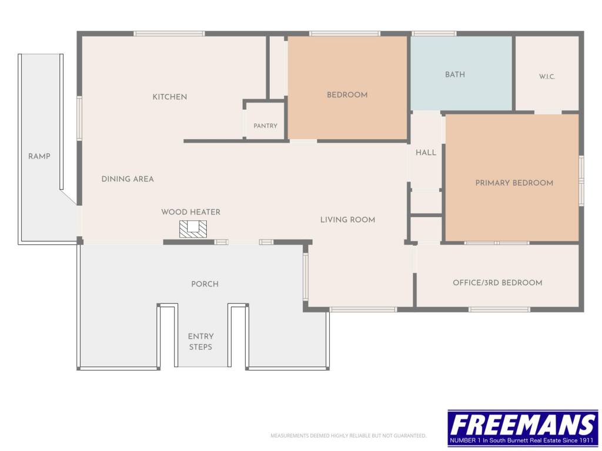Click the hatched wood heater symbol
coord(193,229)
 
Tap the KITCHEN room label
coord(170,97)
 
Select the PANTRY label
coord(265,126)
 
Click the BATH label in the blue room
coord(455,75)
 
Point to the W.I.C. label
coord(547,77)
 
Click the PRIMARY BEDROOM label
coord(514,183)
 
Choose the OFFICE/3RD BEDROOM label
coord(497,283)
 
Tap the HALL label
coord(426,153)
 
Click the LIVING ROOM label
coord(348,220)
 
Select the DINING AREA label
coord(128,179)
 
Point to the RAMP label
coord(39,156)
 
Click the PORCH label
coord(205,284)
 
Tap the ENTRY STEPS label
coord(200,342)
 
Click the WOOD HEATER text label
coord(191,212)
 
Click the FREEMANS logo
coord(523,428)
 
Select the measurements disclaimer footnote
coord(348,436)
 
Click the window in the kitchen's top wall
coord(169,33)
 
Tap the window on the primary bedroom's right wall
coord(581,181)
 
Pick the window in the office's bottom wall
coord(499,309)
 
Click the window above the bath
coord(434,33)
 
